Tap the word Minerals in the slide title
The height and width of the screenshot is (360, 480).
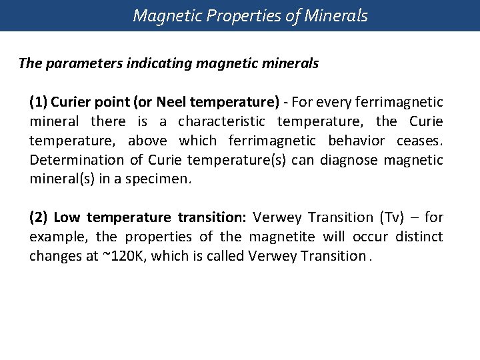pos(337,15)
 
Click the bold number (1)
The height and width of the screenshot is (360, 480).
pos(38,102)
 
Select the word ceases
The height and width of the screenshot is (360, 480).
pos(421,141)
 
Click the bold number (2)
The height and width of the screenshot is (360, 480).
pos(39,217)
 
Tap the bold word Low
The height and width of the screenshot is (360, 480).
pos(67,217)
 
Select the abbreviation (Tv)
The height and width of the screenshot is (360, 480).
pos(391,217)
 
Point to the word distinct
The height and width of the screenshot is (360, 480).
pos(419,237)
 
